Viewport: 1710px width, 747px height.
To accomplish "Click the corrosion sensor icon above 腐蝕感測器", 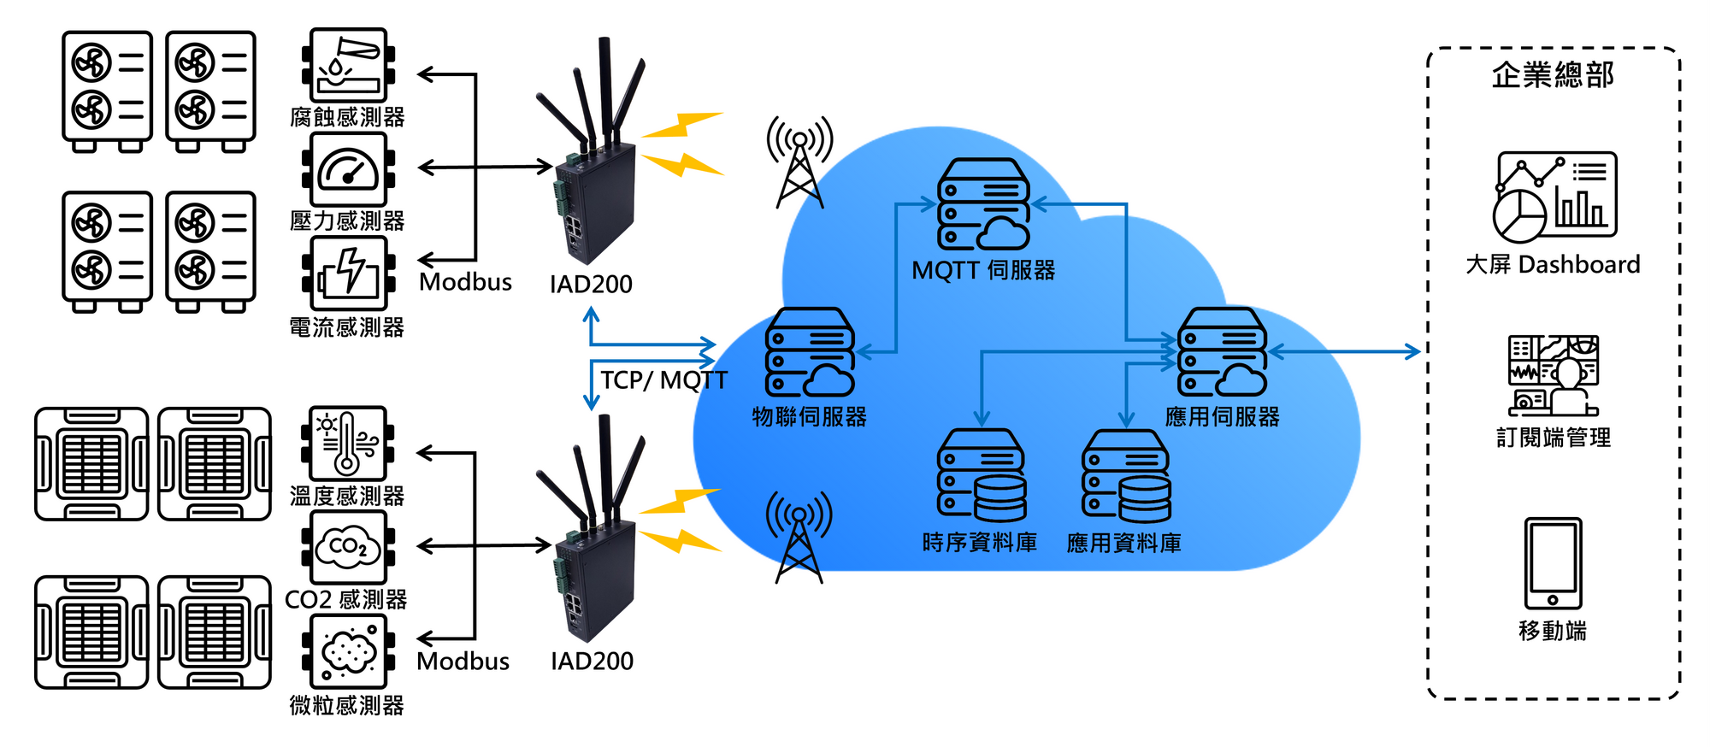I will pyautogui.click(x=348, y=66).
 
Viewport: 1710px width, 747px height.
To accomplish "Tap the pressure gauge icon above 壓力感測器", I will pyautogui.click(x=348, y=169).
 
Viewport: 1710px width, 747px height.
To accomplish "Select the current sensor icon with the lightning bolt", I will pyautogui.click(x=348, y=274).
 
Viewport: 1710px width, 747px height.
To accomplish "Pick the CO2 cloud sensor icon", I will pyautogui.click(x=348, y=548).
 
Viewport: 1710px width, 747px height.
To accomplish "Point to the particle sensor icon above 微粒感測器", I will pyautogui.click(x=348, y=652).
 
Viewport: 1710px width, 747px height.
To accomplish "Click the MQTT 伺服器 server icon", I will pyautogui.click(x=983, y=204).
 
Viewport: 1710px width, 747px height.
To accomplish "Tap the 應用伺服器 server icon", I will pyautogui.click(x=1222, y=352).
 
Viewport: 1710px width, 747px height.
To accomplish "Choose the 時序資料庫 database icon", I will pyautogui.click(x=982, y=476).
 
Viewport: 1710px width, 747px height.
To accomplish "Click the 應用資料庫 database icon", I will pyautogui.click(x=1126, y=476).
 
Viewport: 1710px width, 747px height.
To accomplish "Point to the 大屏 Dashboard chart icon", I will pyautogui.click(x=1554, y=197).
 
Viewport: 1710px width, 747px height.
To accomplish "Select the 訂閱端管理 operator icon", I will pyautogui.click(x=1553, y=375).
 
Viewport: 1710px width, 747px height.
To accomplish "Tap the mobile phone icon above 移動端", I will pyautogui.click(x=1553, y=563).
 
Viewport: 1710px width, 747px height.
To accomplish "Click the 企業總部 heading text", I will pyautogui.click(x=1553, y=75).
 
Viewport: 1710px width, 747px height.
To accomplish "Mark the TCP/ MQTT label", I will pyautogui.click(x=663, y=380).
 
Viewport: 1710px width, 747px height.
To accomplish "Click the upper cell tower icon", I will pyautogui.click(x=799, y=162).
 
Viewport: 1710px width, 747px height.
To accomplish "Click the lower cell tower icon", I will pyautogui.click(x=799, y=538).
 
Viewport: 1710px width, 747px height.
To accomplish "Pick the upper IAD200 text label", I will pyautogui.click(x=591, y=284).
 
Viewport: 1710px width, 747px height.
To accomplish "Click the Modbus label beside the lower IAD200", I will pyautogui.click(x=463, y=661).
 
